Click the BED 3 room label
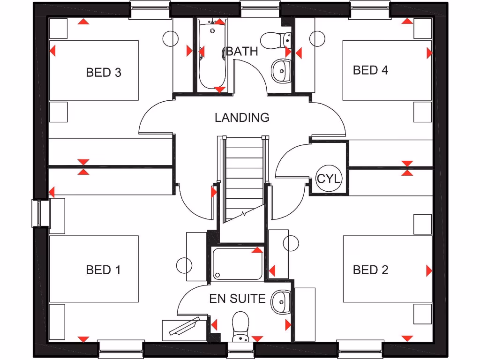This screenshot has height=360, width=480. click(104, 72)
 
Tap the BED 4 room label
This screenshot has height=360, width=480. click(370, 70)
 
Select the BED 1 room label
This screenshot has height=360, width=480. click(103, 270)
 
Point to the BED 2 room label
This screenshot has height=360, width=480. click(370, 270)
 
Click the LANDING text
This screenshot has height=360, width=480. click(242, 117)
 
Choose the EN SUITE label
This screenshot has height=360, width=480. click(237, 299)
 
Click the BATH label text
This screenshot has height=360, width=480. click(242, 51)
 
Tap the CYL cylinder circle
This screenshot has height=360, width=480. click(329, 179)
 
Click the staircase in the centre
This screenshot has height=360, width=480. click(243, 178)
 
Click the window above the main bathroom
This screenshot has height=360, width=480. click(260, 8)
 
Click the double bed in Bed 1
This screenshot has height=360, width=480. click(94, 269)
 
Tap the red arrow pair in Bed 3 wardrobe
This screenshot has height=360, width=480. click(84, 167)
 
